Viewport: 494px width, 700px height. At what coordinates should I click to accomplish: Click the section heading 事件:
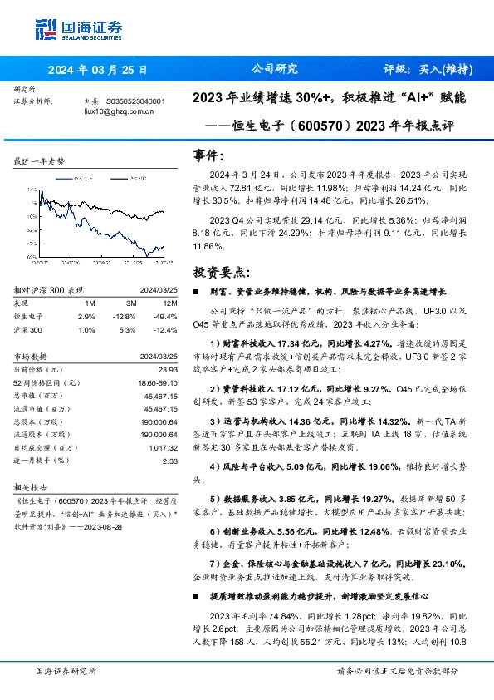208,155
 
